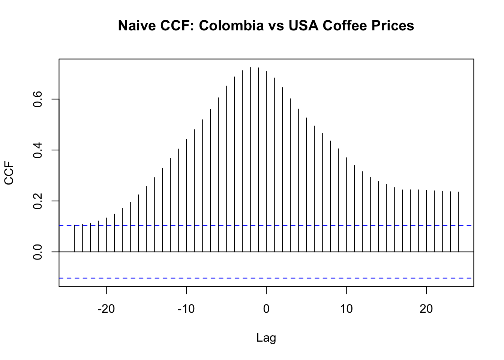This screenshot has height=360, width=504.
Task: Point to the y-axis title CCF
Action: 9,173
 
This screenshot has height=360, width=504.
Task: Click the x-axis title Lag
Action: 266,338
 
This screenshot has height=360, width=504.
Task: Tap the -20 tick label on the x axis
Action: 106,309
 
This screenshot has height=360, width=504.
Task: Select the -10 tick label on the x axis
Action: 186,309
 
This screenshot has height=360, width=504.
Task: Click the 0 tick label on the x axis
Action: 266,309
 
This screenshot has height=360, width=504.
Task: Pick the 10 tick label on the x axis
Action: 346,309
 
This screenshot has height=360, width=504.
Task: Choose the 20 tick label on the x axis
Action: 426,309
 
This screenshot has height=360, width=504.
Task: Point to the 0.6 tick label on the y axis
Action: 37,99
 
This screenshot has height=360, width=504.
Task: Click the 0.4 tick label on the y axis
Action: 37,150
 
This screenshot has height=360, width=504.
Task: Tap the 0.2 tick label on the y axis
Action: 37,201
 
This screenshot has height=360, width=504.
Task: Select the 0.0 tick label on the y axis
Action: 37,252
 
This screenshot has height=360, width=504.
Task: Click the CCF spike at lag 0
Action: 266,161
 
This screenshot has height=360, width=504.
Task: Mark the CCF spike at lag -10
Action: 186,195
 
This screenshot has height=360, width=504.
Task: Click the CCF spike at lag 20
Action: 426,221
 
